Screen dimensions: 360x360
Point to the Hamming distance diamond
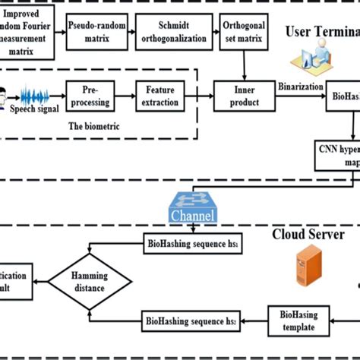90,280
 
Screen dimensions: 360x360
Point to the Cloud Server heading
308,235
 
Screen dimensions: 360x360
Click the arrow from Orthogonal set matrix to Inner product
243,69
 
